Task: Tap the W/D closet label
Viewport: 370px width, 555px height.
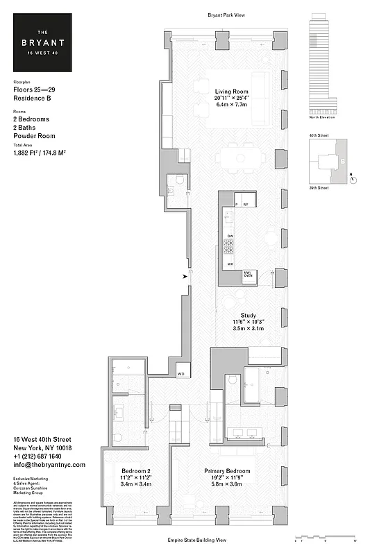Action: tap(181, 374)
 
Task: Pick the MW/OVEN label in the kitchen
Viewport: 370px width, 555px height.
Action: tap(247, 275)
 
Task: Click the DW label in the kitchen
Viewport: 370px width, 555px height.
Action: tap(230, 237)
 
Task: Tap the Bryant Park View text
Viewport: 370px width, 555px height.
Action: tap(226, 15)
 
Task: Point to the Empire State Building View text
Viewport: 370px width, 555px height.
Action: tap(226, 539)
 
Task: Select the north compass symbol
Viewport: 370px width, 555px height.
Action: tap(354, 178)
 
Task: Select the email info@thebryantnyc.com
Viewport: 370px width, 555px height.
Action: tap(49, 466)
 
